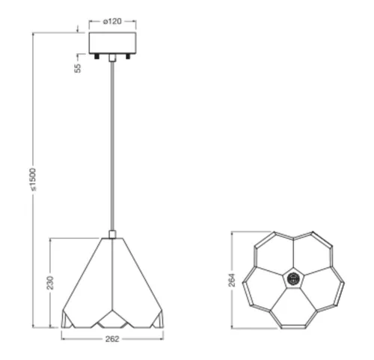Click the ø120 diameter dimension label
[112, 22]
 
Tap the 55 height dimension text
[78, 68]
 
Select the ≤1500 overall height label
[33, 180]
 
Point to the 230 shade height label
[50, 283]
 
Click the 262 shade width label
[112, 339]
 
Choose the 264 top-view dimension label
[232, 280]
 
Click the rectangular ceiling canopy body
[112, 43]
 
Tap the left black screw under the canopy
[96, 56]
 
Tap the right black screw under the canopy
[128, 56]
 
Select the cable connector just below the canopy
[112, 58]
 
